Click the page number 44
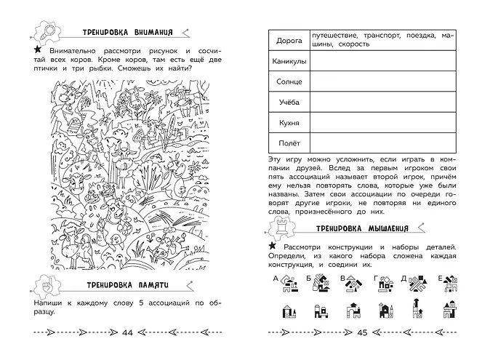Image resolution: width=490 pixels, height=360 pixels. point(128,333)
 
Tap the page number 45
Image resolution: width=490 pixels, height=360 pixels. point(365,333)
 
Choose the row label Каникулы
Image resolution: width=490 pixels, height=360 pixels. point(288,62)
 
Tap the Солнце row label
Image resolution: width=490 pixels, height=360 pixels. point(288,82)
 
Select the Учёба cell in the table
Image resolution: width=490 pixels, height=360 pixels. point(288,103)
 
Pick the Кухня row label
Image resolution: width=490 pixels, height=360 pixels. point(288,124)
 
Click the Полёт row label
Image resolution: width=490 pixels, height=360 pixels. point(288,144)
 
